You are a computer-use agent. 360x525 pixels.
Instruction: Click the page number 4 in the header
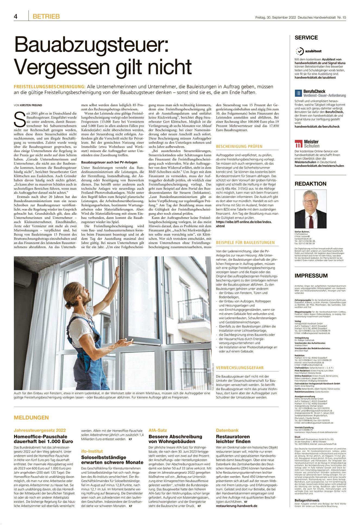(x=16, y=17)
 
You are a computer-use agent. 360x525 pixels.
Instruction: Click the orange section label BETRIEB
(x=46, y=17)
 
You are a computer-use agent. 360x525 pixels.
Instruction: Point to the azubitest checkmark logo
(x=299, y=51)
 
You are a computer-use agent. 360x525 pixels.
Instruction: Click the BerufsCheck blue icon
(x=298, y=93)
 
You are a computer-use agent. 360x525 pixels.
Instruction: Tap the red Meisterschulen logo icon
(x=298, y=143)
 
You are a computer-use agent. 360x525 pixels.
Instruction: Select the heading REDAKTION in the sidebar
(x=310, y=184)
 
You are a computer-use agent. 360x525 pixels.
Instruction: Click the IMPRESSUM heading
(x=311, y=276)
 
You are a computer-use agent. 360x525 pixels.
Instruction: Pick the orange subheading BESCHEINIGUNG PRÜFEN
(x=239, y=146)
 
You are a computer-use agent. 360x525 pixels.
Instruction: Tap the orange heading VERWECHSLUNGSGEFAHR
(x=240, y=368)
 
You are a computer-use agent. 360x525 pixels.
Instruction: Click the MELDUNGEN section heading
(x=31, y=417)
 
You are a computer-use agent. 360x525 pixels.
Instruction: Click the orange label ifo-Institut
(x=92, y=451)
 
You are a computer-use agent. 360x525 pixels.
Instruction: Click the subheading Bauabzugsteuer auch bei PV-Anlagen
(x=109, y=162)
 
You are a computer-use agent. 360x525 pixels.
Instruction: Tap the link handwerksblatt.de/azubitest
(x=315, y=77)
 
